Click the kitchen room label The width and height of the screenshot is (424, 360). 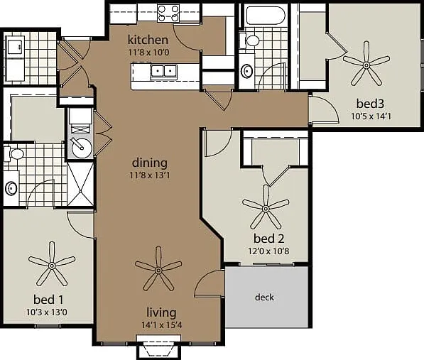148,40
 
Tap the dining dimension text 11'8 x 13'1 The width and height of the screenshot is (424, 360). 150,175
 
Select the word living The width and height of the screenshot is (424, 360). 161,312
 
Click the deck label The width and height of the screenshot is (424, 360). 264,298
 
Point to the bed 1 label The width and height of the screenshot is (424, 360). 49,300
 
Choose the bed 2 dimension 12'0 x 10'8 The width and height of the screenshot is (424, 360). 268,251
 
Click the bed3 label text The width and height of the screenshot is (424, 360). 370,104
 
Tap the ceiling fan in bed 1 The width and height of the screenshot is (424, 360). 52,265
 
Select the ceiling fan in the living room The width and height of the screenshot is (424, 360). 158,269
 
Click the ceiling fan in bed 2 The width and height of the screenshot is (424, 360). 266,208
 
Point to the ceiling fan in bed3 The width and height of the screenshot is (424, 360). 366,65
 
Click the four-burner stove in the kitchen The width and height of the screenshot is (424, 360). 168,13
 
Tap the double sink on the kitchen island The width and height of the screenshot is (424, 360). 164,72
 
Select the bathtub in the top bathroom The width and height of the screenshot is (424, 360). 266,16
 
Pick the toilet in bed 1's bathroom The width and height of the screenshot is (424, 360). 14,154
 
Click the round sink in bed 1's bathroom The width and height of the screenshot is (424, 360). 11,188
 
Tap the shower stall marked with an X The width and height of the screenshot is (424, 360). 80,184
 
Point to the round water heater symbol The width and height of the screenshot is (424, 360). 81,147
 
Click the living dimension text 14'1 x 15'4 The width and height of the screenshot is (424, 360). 161,325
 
